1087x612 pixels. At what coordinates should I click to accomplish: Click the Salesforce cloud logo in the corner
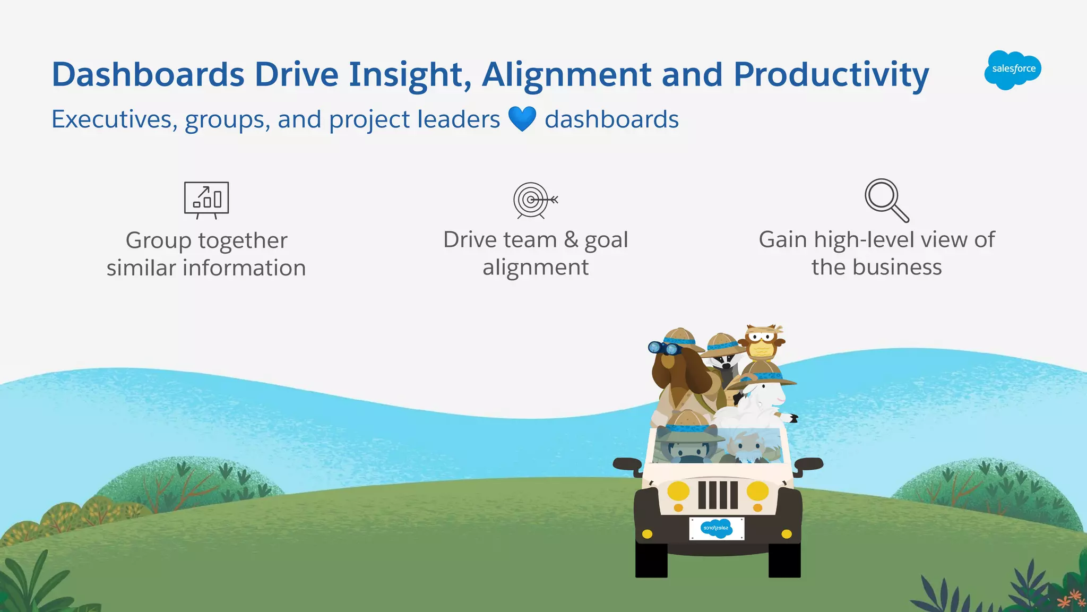click(x=1013, y=70)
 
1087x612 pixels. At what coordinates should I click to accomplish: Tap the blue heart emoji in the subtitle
click(x=522, y=119)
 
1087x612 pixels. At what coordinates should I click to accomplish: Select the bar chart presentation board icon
click(x=206, y=200)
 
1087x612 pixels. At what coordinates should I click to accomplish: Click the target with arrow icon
click(x=534, y=200)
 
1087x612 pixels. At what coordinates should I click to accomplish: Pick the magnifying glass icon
click(x=886, y=200)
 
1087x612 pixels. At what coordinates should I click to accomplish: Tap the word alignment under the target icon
click(x=535, y=267)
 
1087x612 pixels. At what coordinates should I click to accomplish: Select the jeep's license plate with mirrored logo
click(x=717, y=528)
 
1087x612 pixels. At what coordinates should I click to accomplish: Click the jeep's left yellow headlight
click(x=678, y=490)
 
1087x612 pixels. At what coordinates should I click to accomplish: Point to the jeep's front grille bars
click(x=718, y=495)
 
